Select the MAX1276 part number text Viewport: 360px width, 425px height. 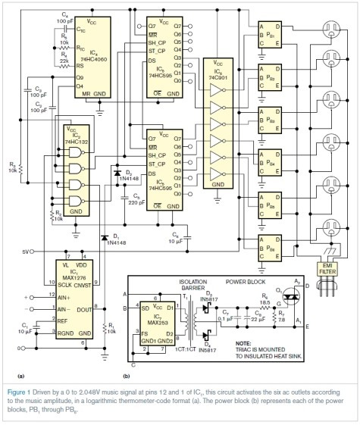click(x=70, y=279)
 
